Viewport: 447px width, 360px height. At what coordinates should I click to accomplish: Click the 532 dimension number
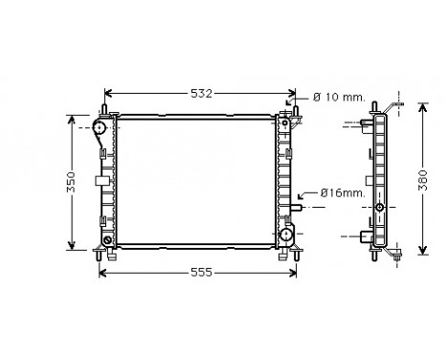(200, 93)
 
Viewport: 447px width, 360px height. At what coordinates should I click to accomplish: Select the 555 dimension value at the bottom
(200, 272)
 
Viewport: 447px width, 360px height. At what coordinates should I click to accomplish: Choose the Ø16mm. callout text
(341, 193)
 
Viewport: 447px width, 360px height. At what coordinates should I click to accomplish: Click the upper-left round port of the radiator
(101, 127)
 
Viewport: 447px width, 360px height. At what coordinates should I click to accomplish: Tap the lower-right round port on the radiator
(286, 235)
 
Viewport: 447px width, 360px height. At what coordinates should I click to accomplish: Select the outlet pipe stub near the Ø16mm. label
(299, 205)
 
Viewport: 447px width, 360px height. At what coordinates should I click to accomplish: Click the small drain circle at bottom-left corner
(109, 238)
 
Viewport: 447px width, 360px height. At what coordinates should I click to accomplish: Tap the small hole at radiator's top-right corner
(285, 119)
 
